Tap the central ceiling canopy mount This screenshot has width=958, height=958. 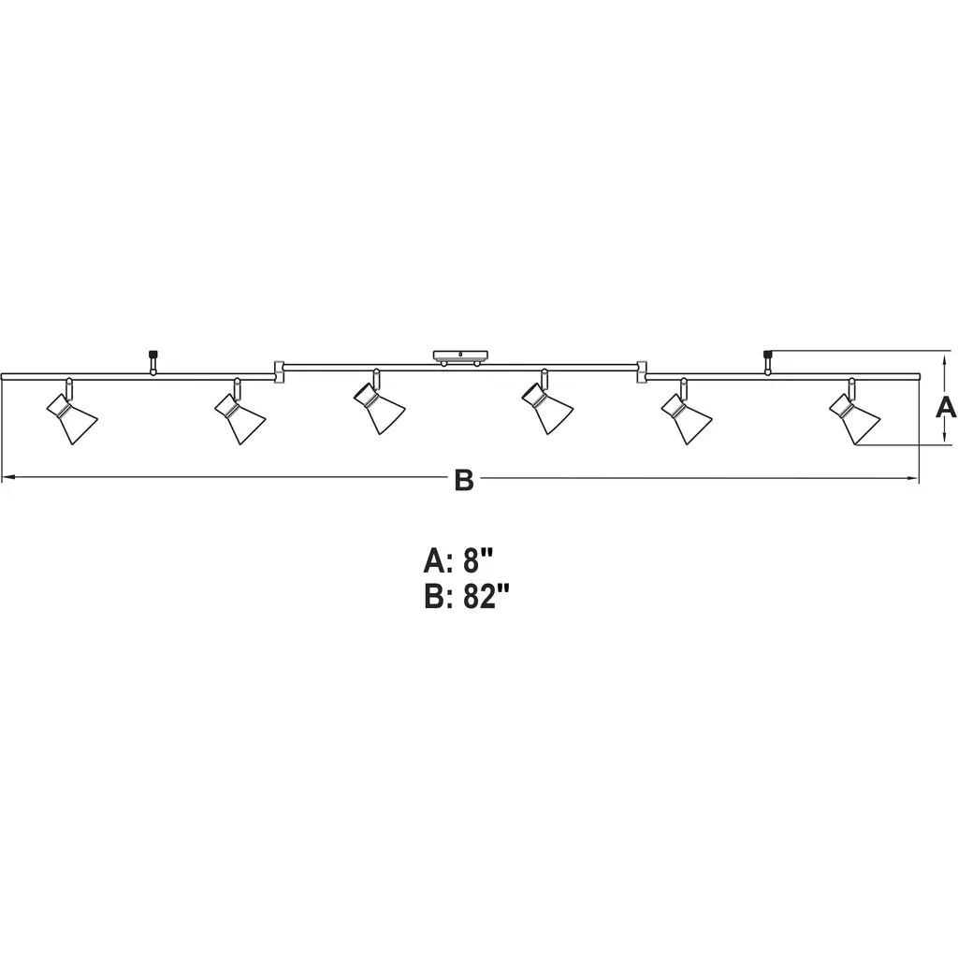(460, 357)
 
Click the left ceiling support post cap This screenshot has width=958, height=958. (152, 354)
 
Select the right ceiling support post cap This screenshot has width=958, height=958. (768, 354)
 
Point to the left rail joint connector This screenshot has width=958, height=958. (279, 372)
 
